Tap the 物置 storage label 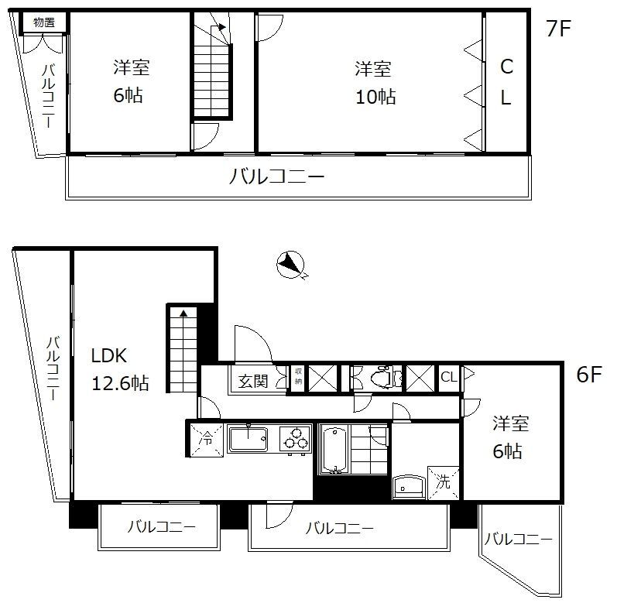(43, 22)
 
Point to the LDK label (108, 357)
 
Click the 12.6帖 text (119, 383)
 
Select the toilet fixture (385, 378)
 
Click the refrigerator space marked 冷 (206, 438)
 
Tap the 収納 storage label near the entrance (298, 377)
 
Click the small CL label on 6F (448, 377)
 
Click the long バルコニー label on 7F (276, 176)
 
